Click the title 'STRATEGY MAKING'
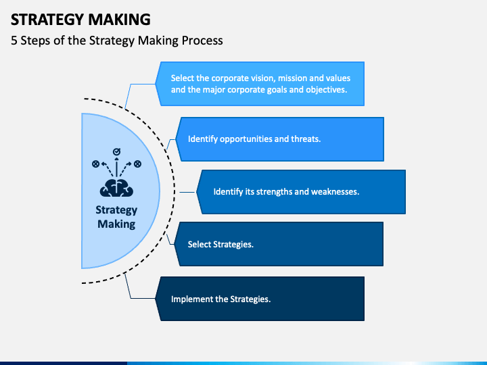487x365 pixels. coord(80,19)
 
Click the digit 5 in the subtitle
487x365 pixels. coord(14,41)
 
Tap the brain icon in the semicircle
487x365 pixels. coord(116,188)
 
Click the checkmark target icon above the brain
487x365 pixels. coord(116,152)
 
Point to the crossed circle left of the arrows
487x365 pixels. coord(95,164)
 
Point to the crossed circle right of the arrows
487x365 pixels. coord(137,164)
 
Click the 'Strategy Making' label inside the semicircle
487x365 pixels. coord(116,217)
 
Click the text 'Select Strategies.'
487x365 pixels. coord(221,245)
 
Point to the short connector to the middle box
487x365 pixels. coord(187,192)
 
